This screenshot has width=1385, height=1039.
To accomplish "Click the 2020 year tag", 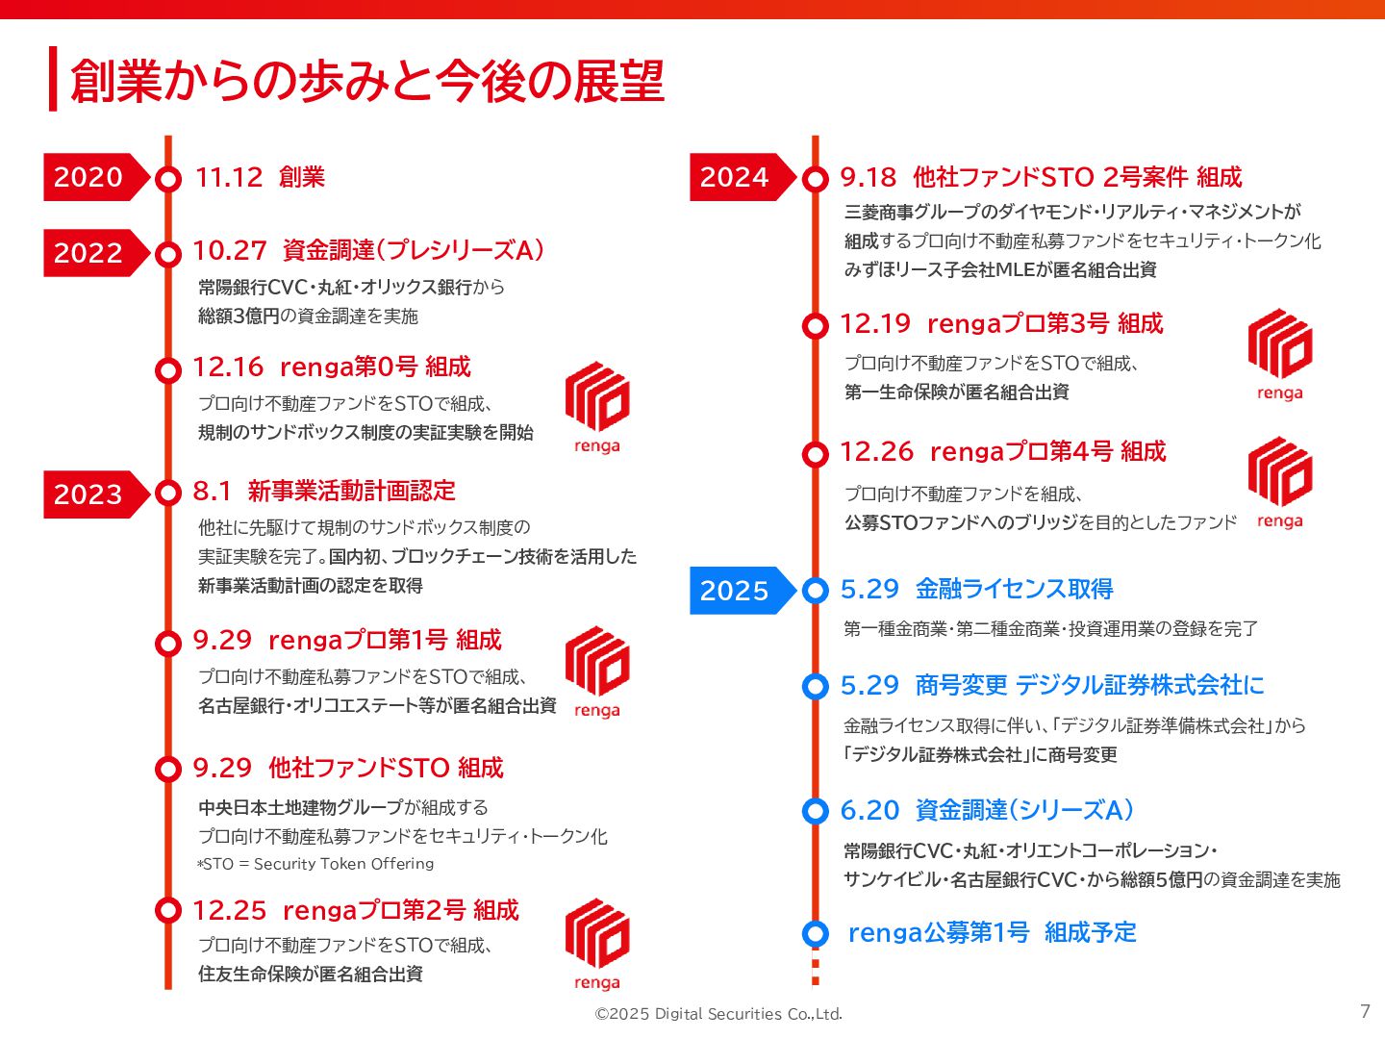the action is coord(88,177).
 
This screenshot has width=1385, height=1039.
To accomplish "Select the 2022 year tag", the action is coord(88,253).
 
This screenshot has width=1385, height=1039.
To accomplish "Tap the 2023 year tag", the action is coord(88,494).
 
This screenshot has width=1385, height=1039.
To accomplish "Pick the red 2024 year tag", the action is coord(735,177).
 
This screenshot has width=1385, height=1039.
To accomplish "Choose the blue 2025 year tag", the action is coord(735,591).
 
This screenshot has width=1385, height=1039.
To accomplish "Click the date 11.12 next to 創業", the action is coord(229,177).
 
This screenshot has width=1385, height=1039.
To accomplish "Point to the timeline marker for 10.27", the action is coord(168,254).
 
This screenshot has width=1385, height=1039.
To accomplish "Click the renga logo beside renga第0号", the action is coord(597,407).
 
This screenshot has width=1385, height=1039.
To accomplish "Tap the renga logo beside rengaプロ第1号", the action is coord(597,672).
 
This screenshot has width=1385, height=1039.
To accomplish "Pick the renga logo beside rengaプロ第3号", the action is coord(1279,354).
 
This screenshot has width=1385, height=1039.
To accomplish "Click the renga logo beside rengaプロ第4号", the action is coord(1279,482).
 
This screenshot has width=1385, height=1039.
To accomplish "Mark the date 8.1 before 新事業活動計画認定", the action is coord(212,492).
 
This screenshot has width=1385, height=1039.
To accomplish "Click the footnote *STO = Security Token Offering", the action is coord(316,864).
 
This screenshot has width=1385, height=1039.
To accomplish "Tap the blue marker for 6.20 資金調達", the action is coord(816,811).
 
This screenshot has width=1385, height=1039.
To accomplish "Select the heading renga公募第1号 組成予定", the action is coord(992,932).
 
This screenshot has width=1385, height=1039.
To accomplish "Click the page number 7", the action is coord(1365,1011).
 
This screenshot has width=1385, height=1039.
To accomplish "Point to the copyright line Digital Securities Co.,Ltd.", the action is coord(718,1014).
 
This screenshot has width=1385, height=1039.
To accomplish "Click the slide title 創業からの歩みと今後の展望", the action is coord(367,81).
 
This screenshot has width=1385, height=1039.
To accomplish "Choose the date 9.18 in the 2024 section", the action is coord(868,177).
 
